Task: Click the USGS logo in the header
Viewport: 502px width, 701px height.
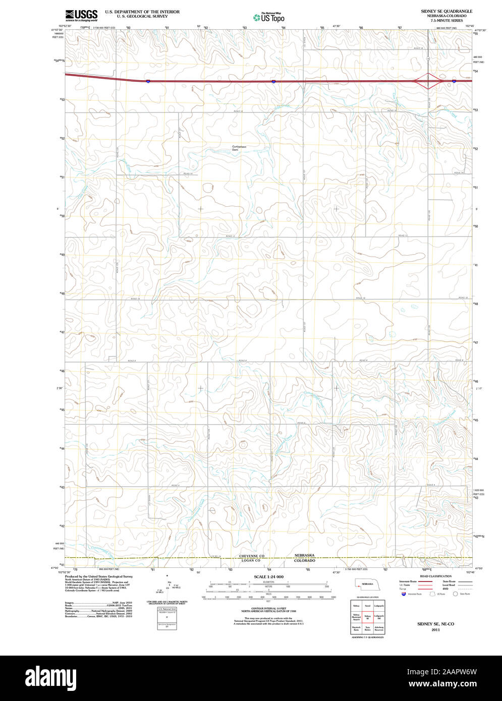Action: tap(81, 15)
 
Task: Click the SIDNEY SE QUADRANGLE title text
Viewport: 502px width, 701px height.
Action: tap(447, 11)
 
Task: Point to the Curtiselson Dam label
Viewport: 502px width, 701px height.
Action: tap(239, 148)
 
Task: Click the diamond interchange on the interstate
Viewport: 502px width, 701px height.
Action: tap(428, 81)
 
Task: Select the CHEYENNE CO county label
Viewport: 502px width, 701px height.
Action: tap(252, 556)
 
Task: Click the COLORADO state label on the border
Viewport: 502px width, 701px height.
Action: tap(304, 560)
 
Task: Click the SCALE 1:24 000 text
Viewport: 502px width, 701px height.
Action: tap(268, 576)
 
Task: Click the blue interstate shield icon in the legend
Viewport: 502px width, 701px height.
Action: tap(403, 594)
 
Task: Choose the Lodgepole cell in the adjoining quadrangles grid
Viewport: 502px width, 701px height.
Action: tap(379, 604)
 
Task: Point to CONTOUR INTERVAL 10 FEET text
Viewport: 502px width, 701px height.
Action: tap(268, 609)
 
